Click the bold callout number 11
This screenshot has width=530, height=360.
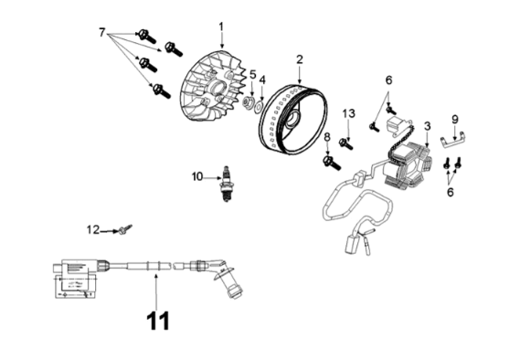coord(158,321)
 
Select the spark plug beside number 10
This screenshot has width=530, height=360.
coord(226,184)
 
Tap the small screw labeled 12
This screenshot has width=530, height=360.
coord(124,229)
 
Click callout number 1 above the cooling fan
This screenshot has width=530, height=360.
coord(221,26)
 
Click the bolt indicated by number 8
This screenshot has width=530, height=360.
coord(332,163)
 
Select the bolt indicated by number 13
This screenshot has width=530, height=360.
coord(346,143)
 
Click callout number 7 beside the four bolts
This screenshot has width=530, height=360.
coord(102,33)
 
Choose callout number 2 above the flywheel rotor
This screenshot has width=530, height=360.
coord(300,59)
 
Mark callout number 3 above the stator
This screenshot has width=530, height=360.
coord(428,126)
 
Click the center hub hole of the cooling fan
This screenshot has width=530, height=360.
coord(217,90)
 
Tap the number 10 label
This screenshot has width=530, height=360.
coord(197,176)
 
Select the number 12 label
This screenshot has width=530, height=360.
coord(93,230)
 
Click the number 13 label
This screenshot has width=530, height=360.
coord(348,113)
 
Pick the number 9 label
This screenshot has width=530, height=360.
coord(455,120)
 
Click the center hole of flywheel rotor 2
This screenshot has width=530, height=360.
coord(292,120)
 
